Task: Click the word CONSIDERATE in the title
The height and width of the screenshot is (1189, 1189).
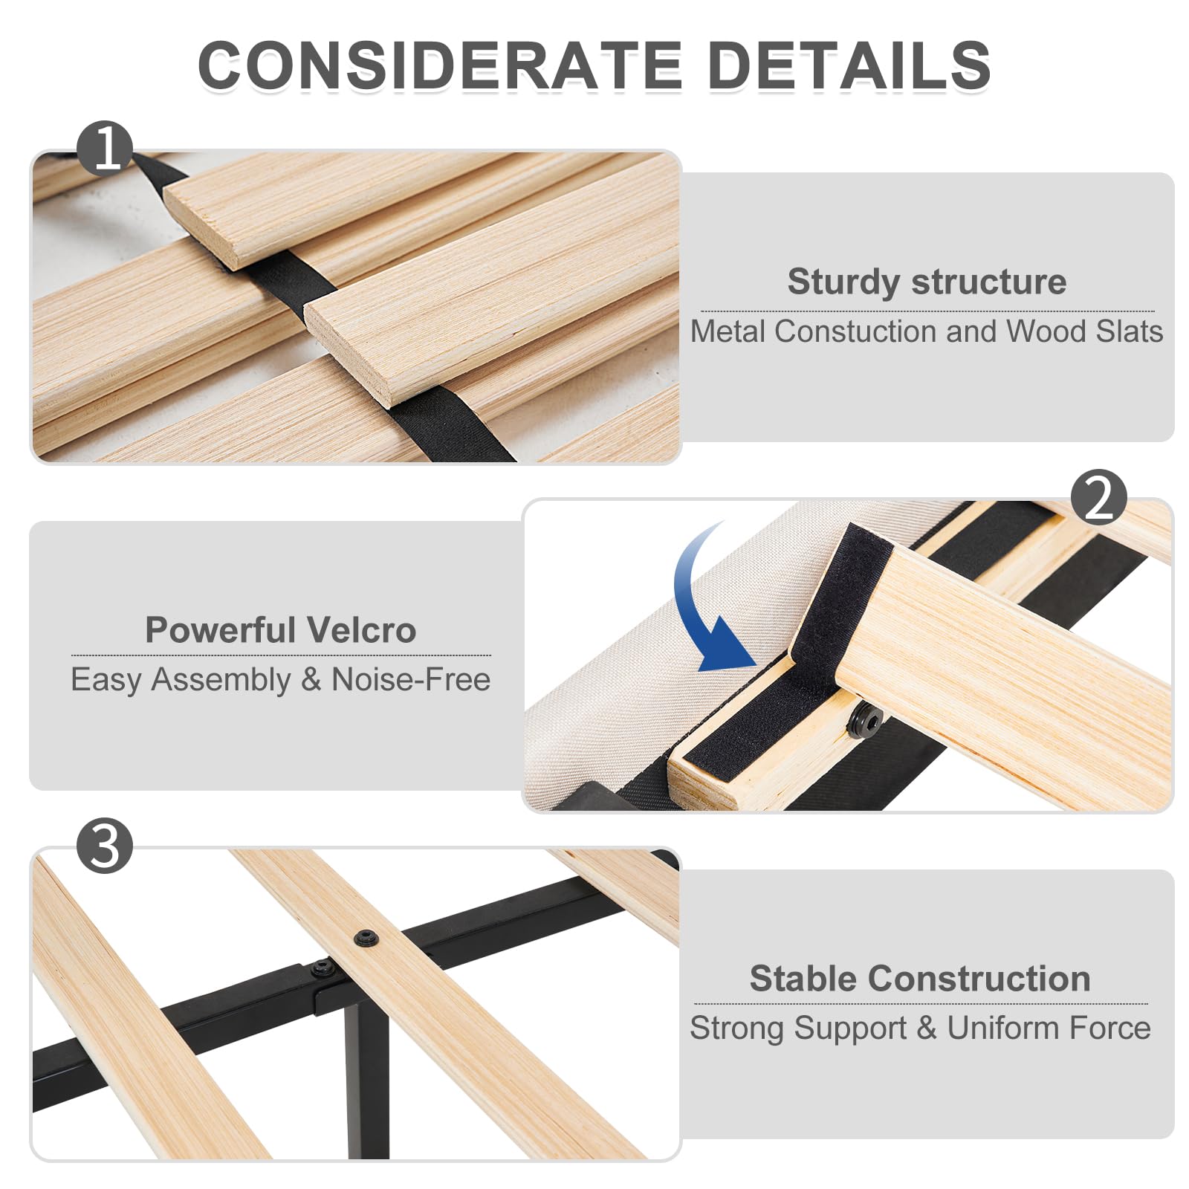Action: click(x=440, y=65)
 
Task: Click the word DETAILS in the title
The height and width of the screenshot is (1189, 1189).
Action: click(x=849, y=65)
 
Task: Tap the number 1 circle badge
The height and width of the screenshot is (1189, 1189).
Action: click(x=105, y=148)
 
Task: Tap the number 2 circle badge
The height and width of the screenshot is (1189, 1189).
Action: click(x=1099, y=497)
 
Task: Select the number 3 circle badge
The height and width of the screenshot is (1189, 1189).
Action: click(x=105, y=846)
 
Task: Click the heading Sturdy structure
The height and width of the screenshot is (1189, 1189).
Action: click(x=927, y=282)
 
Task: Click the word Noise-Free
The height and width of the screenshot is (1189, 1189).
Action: click(x=410, y=679)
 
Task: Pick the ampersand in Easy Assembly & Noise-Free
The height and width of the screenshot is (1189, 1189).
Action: click(x=311, y=680)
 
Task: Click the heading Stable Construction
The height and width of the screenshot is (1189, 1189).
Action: click(x=920, y=979)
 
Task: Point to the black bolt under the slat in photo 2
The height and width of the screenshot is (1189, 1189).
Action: click(x=864, y=719)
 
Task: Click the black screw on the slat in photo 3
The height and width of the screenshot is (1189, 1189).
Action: click(x=366, y=939)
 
